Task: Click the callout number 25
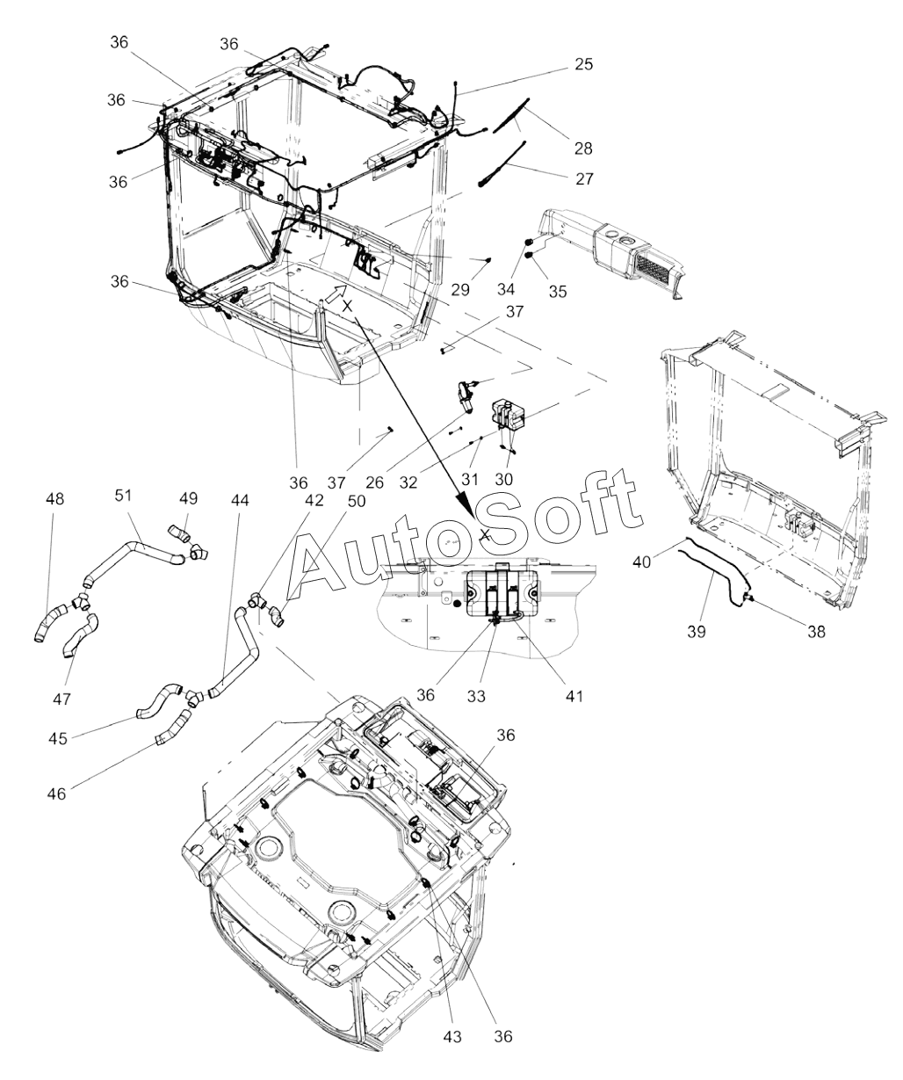pos(584,64)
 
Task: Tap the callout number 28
pos(582,149)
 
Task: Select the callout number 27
pos(584,178)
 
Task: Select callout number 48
pos(55,499)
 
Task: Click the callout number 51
pos(123,495)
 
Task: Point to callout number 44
pos(240,499)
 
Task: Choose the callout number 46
pos(55,793)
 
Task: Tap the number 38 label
pos(816,632)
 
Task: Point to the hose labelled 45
pos(158,699)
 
